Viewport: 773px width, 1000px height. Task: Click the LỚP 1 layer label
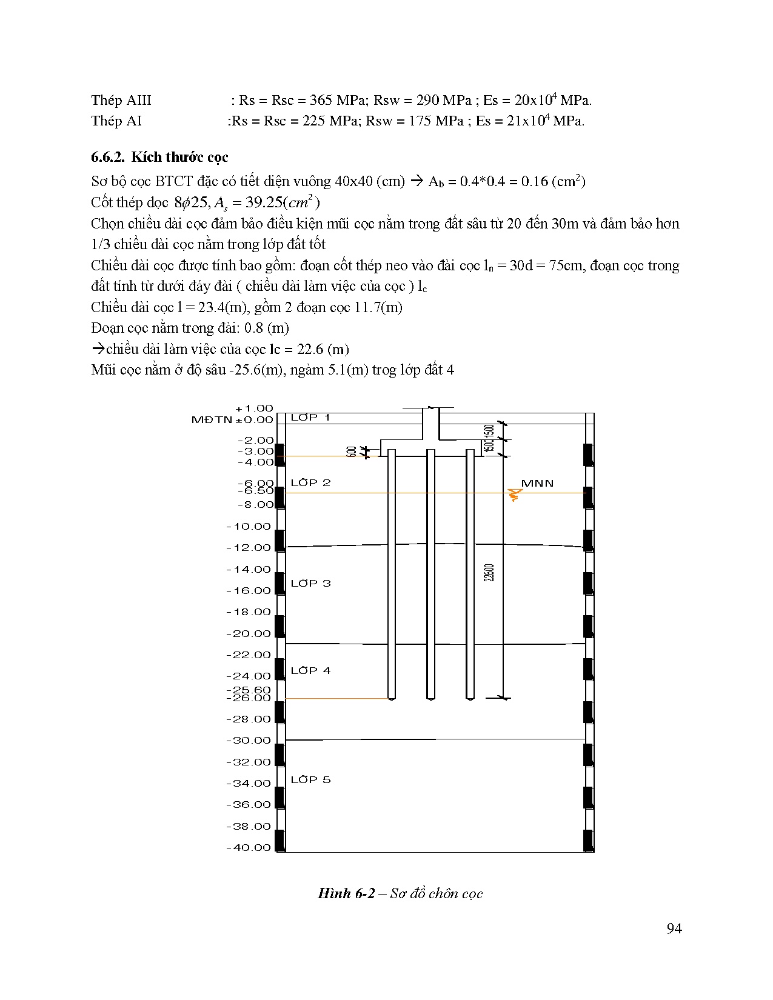[310, 418]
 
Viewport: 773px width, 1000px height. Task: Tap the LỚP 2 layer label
[310, 483]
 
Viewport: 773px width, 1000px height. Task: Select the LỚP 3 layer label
[310, 584]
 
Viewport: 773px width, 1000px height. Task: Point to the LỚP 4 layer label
[310, 671]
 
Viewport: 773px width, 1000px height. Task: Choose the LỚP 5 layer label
[310, 780]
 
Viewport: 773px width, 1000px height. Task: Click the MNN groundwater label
[537, 484]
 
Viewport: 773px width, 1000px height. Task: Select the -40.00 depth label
[249, 848]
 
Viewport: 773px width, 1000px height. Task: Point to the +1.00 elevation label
[254, 408]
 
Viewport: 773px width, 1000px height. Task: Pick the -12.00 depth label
[249, 548]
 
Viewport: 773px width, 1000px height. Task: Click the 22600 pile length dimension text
[490, 573]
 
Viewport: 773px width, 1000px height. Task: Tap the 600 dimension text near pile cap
[352, 452]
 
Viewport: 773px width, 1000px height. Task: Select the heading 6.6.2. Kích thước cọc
[159, 158]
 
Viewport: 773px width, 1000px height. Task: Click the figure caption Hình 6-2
[400, 893]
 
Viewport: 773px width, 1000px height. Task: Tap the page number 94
[674, 929]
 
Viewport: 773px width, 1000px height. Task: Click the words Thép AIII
[121, 101]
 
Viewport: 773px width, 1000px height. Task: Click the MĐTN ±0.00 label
[232, 419]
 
